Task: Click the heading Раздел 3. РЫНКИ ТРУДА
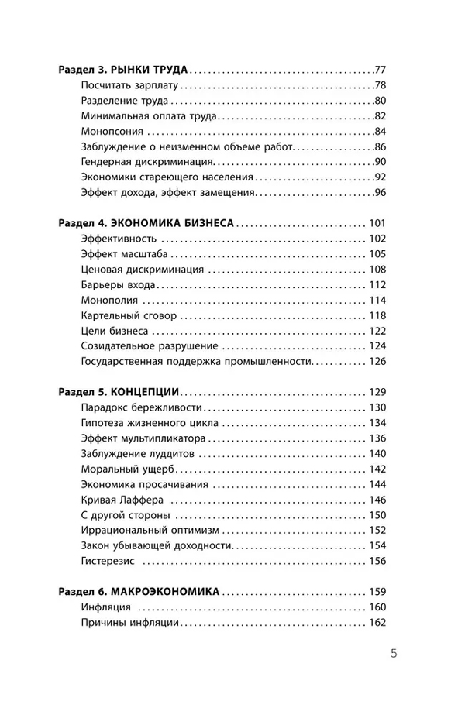pos(124,70)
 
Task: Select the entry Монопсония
pos(112,131)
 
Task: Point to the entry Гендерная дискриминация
pos(146,161)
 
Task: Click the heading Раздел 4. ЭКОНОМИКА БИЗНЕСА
pos(146,223)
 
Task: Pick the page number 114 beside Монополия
pos(377,301)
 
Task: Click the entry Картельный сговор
pos(129,316)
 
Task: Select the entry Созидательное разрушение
pos(149,346)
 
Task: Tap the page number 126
pos(377,362)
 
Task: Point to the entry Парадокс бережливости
pos(142,407)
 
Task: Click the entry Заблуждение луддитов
pos(134,454)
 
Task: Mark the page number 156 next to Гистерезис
pos(377,561)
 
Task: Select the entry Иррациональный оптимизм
pos(150,531)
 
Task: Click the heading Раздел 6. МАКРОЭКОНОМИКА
pos(139,591)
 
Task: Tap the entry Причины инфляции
pos(130,622)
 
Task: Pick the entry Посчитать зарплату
pos(129,85)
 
